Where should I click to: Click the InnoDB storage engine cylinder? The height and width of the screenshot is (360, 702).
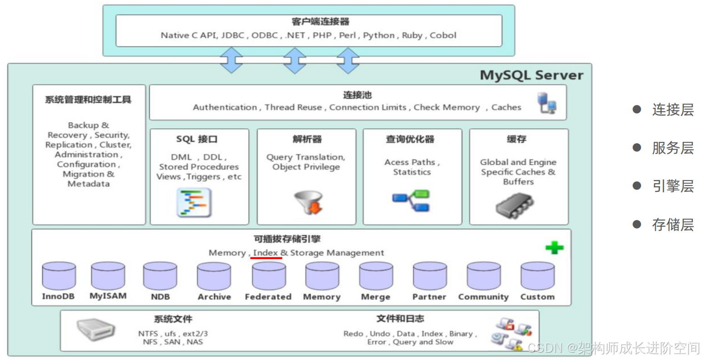(59, 276)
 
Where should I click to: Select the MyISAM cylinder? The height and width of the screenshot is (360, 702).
(108, 276)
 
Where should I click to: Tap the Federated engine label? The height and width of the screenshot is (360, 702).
(268, 297)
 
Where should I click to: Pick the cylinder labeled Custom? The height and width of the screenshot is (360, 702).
(537, 276)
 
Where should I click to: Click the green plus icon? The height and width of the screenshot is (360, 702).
(554, 248)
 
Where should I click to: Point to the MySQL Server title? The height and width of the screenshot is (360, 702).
(531, 75)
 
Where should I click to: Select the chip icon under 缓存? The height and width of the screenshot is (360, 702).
(515, 205)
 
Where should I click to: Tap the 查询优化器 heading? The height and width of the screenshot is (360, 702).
(410, 139)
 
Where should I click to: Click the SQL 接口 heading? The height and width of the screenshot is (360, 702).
(197, 139)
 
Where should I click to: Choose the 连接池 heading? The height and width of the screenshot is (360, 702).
(357, 95)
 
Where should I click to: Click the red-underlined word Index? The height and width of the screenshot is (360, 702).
(266, 253)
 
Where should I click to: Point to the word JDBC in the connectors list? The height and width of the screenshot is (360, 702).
(233, 35)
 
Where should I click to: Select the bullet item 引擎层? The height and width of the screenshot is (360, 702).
(673, 186)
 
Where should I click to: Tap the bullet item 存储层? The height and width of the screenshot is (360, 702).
(673, 225)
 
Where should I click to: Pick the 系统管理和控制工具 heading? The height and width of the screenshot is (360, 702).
(88, 100)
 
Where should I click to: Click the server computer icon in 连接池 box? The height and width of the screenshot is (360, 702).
(547, 103)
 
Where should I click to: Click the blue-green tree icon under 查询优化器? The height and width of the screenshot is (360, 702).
(411, 201)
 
